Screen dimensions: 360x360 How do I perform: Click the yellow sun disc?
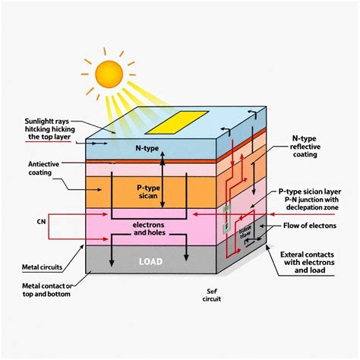[109, 74]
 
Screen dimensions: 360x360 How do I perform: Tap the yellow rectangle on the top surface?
[175, 121]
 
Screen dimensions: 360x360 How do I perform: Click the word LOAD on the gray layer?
[150, 261]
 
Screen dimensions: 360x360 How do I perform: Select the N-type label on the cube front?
[147, 147]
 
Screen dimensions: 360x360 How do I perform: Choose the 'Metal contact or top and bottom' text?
[44, 289]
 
